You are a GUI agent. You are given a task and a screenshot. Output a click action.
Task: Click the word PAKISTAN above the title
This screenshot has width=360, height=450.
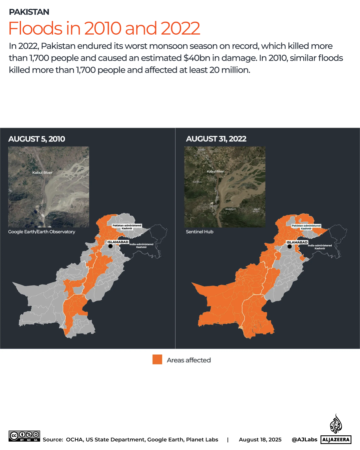29,12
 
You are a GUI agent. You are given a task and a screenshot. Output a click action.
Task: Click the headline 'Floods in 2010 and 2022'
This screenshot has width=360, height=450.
104,28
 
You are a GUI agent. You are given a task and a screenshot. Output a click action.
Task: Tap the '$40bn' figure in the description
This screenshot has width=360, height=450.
196,58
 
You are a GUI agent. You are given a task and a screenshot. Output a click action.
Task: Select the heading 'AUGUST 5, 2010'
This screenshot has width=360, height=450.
37,139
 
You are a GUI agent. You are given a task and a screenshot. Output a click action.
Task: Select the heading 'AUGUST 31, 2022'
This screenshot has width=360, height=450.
216,139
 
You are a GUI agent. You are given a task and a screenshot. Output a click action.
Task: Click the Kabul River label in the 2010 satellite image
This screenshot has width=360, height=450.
42,173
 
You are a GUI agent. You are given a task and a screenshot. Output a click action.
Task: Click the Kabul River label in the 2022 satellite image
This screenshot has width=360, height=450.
215,171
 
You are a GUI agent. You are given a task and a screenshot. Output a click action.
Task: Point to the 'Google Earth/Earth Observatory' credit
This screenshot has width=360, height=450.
42,232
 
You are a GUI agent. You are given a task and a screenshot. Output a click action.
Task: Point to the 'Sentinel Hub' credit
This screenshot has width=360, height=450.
199,232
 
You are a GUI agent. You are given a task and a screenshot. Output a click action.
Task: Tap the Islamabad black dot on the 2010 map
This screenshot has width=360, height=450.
110,246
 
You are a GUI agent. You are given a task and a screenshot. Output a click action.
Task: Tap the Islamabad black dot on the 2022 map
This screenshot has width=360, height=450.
289,246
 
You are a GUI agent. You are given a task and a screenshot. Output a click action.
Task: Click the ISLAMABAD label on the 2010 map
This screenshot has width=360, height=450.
118,242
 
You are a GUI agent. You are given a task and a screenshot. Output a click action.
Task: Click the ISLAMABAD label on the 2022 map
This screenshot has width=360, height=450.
297,242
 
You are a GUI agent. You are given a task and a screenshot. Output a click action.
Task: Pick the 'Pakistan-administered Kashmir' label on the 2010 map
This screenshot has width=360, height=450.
127,227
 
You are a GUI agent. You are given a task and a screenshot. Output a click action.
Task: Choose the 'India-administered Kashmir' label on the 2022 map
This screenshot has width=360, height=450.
320,247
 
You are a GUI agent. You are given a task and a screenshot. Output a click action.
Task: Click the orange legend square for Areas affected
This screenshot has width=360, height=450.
157,359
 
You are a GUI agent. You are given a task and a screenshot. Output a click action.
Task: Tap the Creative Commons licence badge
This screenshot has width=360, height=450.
24,436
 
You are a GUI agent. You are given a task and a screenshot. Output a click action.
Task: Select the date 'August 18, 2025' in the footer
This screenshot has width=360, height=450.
260,440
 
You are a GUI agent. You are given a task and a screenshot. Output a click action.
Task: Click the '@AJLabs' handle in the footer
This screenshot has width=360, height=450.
304,440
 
